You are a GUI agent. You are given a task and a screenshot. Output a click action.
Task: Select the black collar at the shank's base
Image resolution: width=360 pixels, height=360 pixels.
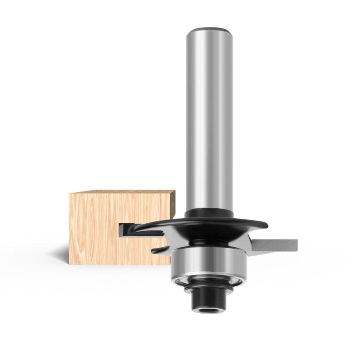(x=210, y=213)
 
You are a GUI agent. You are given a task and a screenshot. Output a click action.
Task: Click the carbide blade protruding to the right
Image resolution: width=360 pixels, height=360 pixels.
(x=274, y=245)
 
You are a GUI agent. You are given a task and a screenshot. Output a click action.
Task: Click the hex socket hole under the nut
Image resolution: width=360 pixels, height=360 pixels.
(x=210, y=310)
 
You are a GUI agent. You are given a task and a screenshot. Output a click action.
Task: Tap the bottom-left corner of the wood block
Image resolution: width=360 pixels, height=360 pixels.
(x=70, y=264)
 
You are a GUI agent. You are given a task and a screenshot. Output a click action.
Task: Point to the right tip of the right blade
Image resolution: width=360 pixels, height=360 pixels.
(x=296, y=245)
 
